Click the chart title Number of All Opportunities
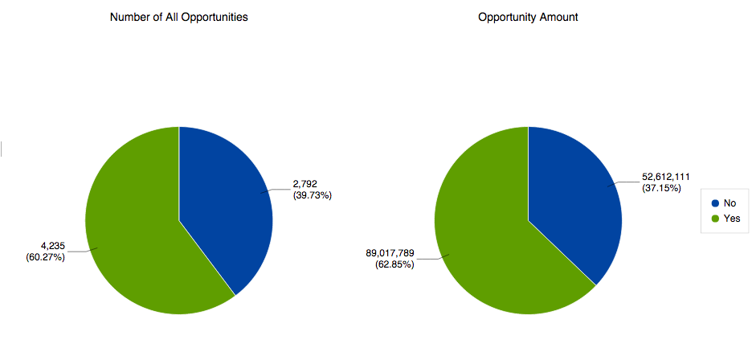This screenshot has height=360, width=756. (x=178, y=17)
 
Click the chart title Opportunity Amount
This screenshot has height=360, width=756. (x=528, y=17)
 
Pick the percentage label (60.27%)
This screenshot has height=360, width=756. (x=45, y=257)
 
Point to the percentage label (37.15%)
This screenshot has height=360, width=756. (x=661, y=188)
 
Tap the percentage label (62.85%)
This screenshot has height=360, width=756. (x=394, y=264)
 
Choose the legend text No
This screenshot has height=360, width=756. (x=730, y=204)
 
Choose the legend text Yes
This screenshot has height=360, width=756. (x=732, y=219)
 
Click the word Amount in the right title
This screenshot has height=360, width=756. (x=557, y=17)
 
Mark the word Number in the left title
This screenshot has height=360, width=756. (x=129, y=17)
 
